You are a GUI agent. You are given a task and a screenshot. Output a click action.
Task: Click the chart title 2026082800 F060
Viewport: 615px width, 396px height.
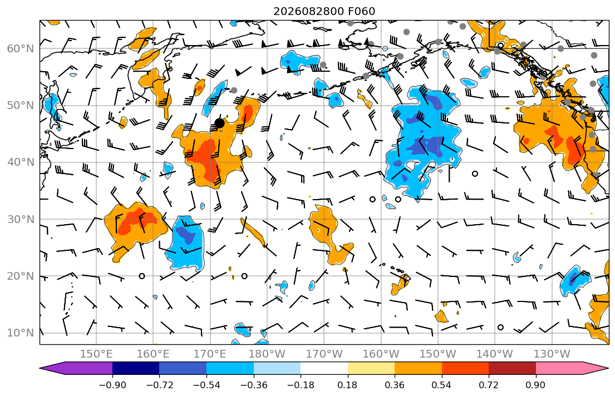pos(324,11)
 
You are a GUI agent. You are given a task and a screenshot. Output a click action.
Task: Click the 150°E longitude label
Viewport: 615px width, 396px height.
pos(96,354)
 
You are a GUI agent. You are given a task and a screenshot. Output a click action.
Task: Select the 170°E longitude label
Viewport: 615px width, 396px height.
pos(210,354)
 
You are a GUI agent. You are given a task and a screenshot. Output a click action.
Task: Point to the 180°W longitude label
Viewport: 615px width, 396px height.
pos(267,354)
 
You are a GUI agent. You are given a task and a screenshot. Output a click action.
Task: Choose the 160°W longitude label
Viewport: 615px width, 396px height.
pos(381,354)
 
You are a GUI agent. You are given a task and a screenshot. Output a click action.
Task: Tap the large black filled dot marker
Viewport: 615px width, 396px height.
pos(220,123)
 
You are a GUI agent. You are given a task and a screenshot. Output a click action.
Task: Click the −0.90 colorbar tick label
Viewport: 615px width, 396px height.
pos(112,385)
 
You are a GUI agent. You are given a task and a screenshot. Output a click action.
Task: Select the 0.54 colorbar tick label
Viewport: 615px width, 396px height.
pos(442,385)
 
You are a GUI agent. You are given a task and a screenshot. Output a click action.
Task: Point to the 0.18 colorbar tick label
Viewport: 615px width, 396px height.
pos(347,385)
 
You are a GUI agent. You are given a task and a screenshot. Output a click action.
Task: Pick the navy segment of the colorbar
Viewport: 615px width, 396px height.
pos(136,368)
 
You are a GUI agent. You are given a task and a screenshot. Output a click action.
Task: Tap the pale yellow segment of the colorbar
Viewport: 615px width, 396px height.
pos(371,368)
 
